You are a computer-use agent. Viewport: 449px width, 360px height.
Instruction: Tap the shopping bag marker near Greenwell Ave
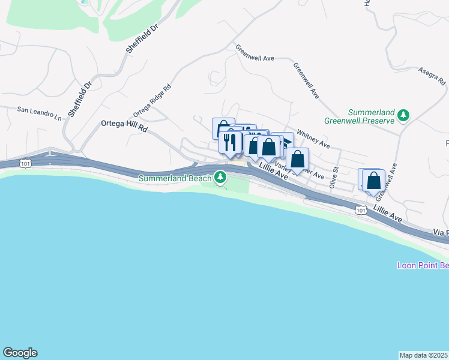coord(373,180)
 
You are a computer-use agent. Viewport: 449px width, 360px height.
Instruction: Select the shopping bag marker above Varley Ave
coord(297,160)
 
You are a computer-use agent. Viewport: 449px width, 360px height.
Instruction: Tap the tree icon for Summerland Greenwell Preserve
coord(405,115)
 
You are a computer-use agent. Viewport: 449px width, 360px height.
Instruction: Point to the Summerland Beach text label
coord(175,178)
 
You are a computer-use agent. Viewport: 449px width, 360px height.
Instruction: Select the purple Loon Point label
coord(423,265)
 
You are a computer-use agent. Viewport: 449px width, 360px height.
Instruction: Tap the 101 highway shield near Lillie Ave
coord(360,209)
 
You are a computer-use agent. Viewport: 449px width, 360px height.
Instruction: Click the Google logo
coord(20,353)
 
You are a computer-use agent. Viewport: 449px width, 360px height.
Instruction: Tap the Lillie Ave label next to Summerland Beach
coord(274,173)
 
